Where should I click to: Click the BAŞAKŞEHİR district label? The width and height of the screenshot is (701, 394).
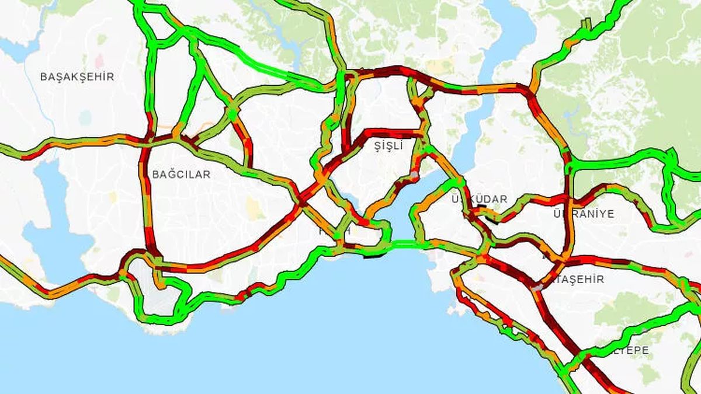tap(77, 76)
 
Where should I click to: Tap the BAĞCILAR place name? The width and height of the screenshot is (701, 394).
tap(181, 174)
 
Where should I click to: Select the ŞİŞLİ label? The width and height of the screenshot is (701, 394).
tap(388, 147)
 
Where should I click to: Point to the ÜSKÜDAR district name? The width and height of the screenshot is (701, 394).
tap(480, 199)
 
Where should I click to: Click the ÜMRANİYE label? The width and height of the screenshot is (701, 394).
tap(584, 214)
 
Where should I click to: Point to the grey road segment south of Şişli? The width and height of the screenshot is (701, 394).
tap(414, 175)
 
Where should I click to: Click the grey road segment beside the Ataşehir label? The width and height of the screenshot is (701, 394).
tap(536, 287)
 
